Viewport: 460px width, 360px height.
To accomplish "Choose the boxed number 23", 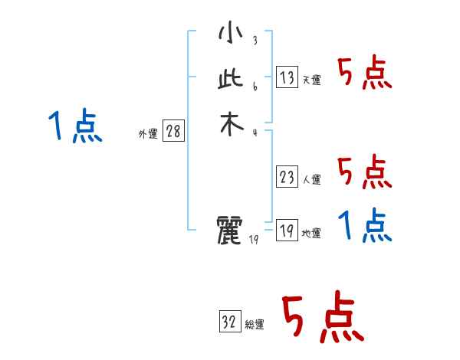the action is (x=287, y=177).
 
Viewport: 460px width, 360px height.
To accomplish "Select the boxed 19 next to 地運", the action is (x=287, y=231).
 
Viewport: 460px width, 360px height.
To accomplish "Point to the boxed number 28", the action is (x=173, y=132).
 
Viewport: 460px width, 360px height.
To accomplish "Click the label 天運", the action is (x=312, y=80).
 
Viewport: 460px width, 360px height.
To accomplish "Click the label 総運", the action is (x=255, y=326).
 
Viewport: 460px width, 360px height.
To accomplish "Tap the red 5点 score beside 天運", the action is (x=364, y=74).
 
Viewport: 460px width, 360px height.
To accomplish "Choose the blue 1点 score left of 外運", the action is (x=74, y=126).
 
